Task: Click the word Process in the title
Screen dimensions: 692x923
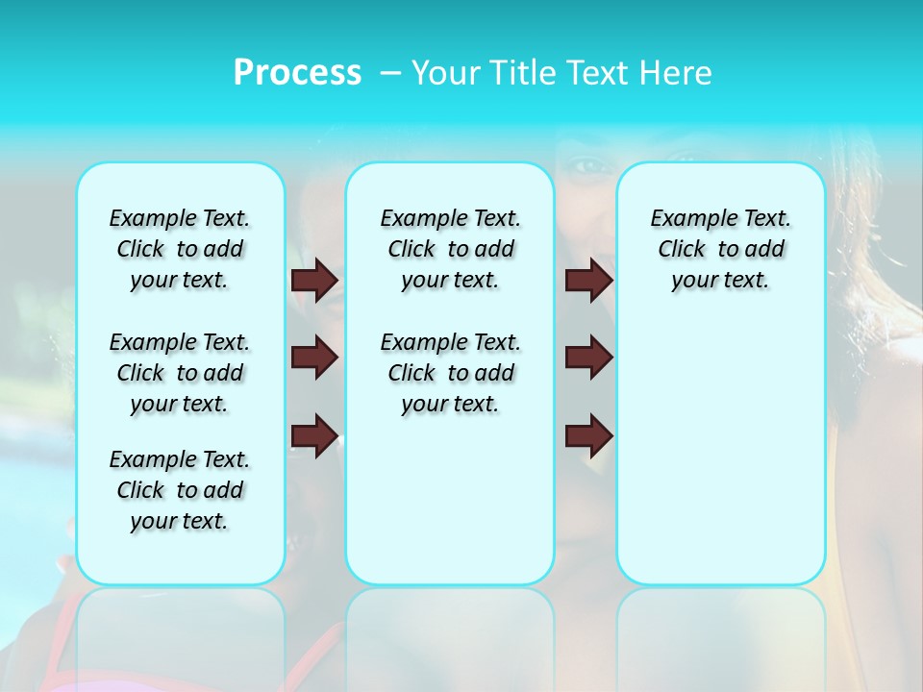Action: (x=297, y=72)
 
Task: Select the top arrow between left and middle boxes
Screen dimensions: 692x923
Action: (x=314, y=280)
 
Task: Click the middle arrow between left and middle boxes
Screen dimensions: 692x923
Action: (x=314, y=358)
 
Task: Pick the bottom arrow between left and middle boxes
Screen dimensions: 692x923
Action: (x=314, y=436)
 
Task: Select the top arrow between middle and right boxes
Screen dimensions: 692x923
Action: (x=589, y=280)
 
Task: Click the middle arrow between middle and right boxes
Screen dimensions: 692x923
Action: (x=589, y=358)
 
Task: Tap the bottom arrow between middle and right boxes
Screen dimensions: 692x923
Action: (x=589, y=436)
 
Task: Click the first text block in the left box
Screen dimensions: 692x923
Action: (x=180, y=249)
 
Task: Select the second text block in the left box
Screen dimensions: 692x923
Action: (x=180, y=373)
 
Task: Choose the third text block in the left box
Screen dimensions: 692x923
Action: (x=180, y=490)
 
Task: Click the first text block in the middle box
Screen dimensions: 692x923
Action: (x=451, y=249)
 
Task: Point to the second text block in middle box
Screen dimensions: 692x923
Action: (x=451, y=373)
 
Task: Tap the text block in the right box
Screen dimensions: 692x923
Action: (x=721, y=249)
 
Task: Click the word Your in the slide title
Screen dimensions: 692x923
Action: (x=446, y=73)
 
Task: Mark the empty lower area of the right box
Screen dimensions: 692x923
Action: (x=721, y=461)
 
